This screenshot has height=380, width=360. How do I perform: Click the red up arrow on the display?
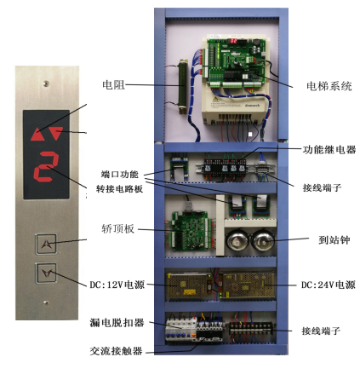(x=37, y=135)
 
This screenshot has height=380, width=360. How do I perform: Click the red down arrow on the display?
(x=56, y=133)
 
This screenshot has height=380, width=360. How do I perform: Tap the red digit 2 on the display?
(x=46, y=166)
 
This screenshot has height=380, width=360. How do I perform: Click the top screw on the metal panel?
(x=45, y=83)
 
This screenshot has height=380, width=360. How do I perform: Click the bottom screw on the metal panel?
(x=45, y=302)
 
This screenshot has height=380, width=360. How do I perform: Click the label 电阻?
(x=113, y=84)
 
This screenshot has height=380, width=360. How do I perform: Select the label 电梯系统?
(x=329, y=86)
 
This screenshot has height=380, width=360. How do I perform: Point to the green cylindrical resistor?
(x=182, y=88)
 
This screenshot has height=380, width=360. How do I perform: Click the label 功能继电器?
(x=329, y=149)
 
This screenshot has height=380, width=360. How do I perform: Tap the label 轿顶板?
(x=117, y=228)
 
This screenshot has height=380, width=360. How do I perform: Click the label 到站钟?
(x=334, y=240)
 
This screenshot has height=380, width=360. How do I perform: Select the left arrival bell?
(x=237, y=240)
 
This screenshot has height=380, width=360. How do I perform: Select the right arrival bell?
(x=263, y=240)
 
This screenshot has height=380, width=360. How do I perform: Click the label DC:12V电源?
(x=117, y=285)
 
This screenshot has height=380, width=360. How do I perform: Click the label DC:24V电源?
(x=329, y=285)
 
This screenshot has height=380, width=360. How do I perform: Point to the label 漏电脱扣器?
(x=117, y=323)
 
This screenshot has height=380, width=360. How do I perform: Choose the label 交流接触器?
(x=116, y=351)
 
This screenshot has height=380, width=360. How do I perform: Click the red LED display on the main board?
(x=233, y=41)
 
